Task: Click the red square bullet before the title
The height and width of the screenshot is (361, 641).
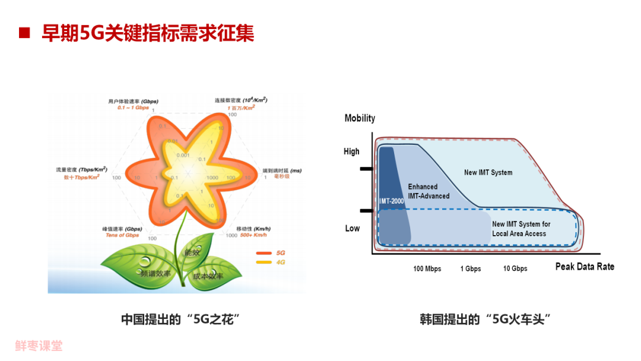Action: click(24, 33)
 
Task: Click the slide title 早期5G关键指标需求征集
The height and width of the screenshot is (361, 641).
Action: click(148, 33)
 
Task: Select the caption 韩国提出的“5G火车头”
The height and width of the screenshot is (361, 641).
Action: click(485, 319)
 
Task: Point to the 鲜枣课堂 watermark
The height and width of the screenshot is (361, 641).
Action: click(39, 346)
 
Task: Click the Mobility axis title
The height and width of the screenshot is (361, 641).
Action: click(360, 118)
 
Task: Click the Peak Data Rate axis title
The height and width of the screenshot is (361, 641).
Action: click(585, 267)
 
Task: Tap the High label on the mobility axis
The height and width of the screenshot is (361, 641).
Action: click(351, 151)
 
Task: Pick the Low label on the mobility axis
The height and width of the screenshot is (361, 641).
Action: click(352, 228)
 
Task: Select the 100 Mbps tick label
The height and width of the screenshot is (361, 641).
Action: click(427, 269)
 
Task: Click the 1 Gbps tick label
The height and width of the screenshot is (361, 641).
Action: click(471, 269)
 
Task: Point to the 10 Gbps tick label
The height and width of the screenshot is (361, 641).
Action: click(515, 269)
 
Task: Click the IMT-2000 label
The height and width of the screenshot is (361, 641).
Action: click(392, 201)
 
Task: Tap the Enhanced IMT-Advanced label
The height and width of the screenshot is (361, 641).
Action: click(429, 191)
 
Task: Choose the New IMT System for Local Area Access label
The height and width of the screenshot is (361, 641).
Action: click(521, 229)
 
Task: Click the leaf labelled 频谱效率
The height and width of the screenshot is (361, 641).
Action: click(156, 274)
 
